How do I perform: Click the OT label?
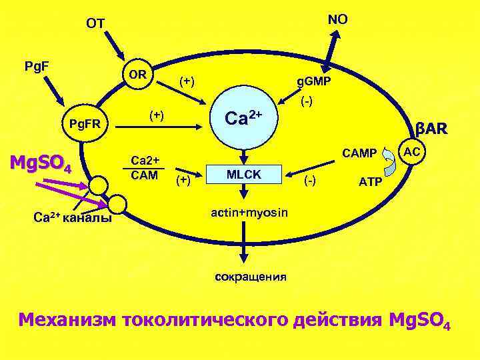(x=95, y=24)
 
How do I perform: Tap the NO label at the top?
(x=337, y=19)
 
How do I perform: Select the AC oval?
(x=412, y=153)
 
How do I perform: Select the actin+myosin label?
(x=249, y=213)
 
